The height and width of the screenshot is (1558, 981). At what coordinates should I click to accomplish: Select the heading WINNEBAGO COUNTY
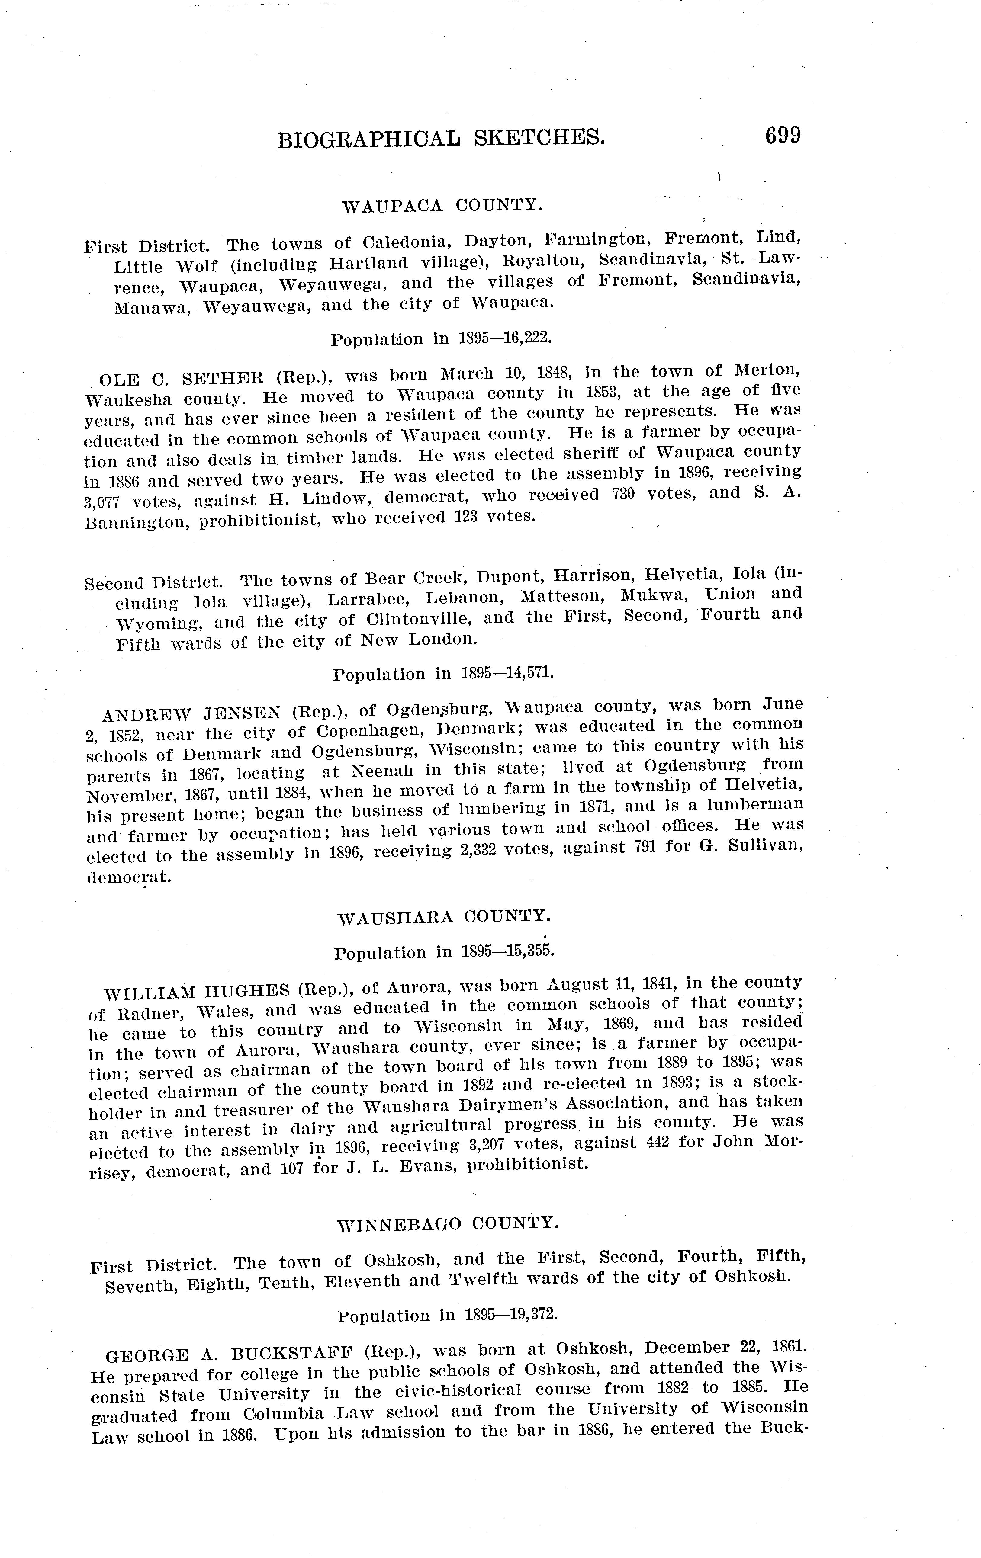(447, 1223)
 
